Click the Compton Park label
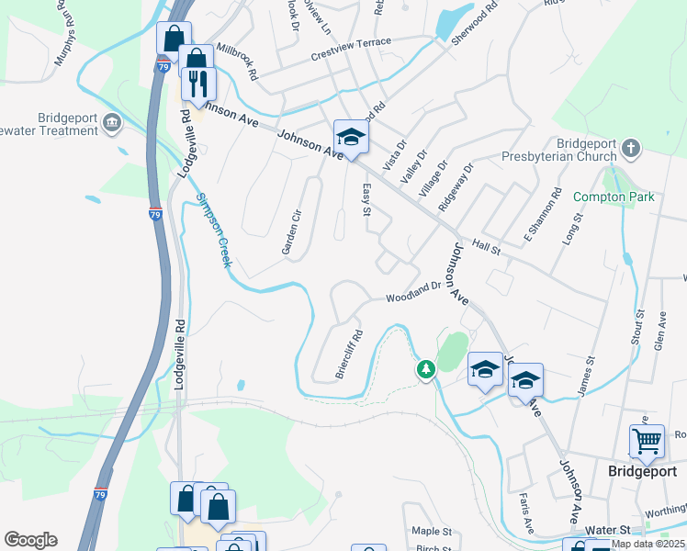(x=614, y=197)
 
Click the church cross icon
(x=630, y=147)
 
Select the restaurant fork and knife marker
(x=198, y=84)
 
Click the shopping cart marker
(x=647, y=442)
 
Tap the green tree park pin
(x=425, y=369)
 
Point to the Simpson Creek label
(x=211, y=231)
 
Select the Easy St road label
(x=365, y=200)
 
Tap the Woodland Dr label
(x=414, y=293)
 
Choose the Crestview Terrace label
(x=351, y=43)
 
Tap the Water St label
(x=611, y=531)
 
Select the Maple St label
(x=432, y=532)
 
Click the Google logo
(x=30, y=540)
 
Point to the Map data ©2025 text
(x=648, y=544)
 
